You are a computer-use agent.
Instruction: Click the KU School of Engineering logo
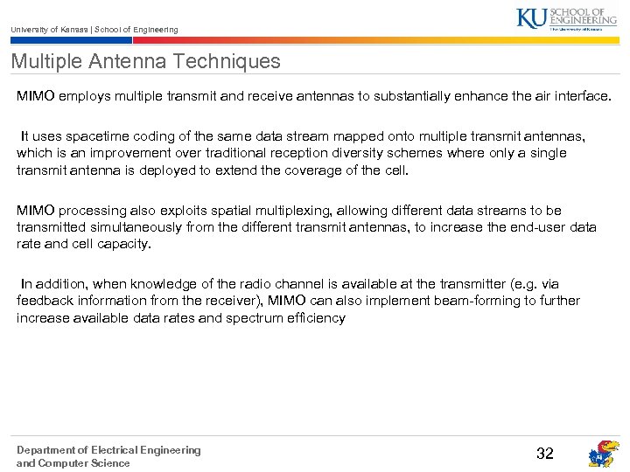pyautogui.click(x=566, y=18)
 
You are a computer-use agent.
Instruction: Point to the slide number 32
pyautogui.click(x=545, y=453)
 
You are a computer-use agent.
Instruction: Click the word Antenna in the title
pyautogui.click(x=115, y=61)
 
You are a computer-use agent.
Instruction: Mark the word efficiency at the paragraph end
pyautogui.click(x=317, y=317)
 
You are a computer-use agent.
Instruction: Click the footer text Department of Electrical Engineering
pyautogui.click(x=108, y=450)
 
